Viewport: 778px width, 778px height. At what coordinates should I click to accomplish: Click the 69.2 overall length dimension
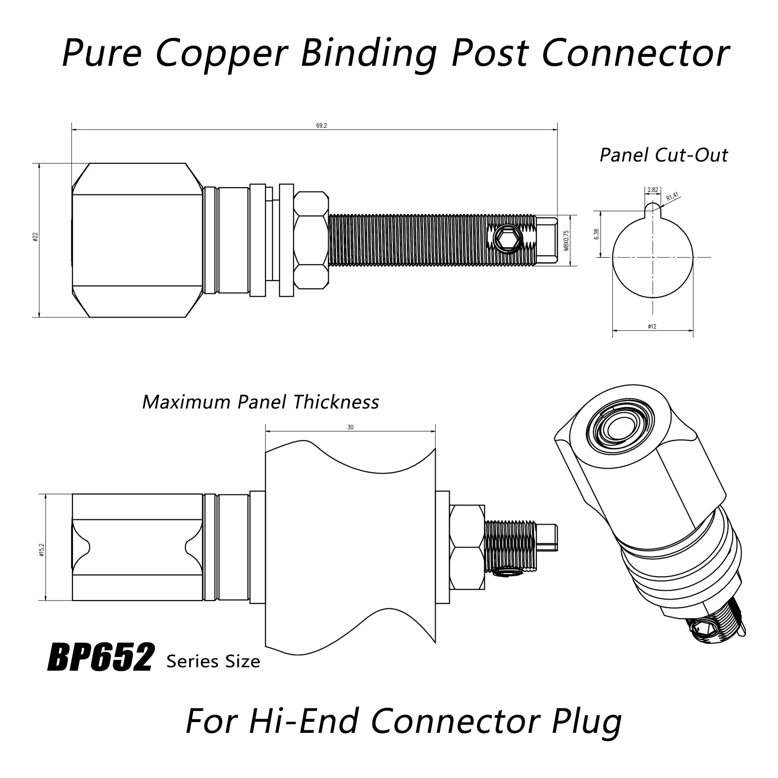click(x=321, y=125)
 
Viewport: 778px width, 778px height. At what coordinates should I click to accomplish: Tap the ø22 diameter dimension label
click(x=35, y=237)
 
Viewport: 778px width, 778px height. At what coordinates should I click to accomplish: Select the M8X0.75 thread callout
click(x=566, y=240)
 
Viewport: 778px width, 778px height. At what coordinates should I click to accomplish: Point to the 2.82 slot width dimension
click(x=653, y=190)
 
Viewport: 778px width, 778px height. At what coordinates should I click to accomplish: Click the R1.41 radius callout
click(x=672, y=197)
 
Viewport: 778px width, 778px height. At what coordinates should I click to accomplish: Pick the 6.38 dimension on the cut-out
click(x=596, y=234)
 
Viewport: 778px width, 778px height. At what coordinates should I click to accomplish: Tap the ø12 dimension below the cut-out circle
click(x=652, y=327)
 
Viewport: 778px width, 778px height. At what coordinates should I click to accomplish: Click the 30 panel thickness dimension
click(x=350, y=427)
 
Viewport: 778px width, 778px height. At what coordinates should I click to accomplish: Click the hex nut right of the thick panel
click(x=467, y=547)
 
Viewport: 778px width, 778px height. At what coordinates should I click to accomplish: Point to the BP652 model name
click(x=101, y=658)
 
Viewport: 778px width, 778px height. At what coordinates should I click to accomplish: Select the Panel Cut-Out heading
click(x=663, y=155)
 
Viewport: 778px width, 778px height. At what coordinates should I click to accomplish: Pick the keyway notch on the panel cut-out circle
click(x=653, y=209)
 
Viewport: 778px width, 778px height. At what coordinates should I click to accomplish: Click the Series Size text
click(x=213, y=661)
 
